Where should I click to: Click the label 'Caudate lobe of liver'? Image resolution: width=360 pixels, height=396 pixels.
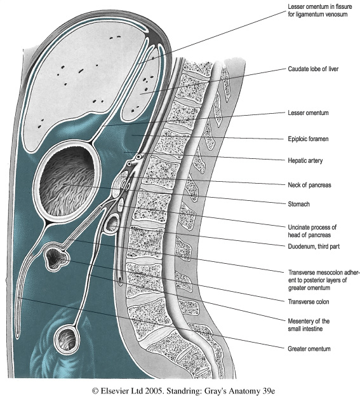(x=313, y=69)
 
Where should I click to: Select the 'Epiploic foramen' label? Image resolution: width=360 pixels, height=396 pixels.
(x=308, y=139)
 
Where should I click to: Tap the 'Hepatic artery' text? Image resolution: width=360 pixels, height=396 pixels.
(x=305, y=161)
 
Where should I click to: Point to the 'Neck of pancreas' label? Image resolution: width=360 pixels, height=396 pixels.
(x=309, y=185)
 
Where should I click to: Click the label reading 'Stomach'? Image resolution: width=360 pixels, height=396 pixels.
(x=298, y=204)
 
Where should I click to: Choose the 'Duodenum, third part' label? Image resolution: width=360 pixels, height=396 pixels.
(x=314, y=247)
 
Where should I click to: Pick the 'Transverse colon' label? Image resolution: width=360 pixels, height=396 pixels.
(x=309, y=302)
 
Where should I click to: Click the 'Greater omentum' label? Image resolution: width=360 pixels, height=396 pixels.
(x=309, y=349)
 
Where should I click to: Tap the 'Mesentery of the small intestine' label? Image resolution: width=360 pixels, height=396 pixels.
(x=309, y=325)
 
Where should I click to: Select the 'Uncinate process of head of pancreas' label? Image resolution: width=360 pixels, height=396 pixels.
(x=312, y=231)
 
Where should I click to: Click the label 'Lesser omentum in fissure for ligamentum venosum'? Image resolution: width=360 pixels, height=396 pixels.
(x=320, y=10)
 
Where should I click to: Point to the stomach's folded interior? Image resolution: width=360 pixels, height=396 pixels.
(x=67, y=181)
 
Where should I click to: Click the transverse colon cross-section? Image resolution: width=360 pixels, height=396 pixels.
(x=55, y=257)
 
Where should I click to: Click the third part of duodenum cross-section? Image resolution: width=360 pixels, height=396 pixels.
(x=112, y=224)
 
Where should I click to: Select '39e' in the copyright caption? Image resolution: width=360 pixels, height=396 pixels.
(x=268, y=391)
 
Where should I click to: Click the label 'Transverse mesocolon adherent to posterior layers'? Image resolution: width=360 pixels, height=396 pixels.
(x=324, y=277)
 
